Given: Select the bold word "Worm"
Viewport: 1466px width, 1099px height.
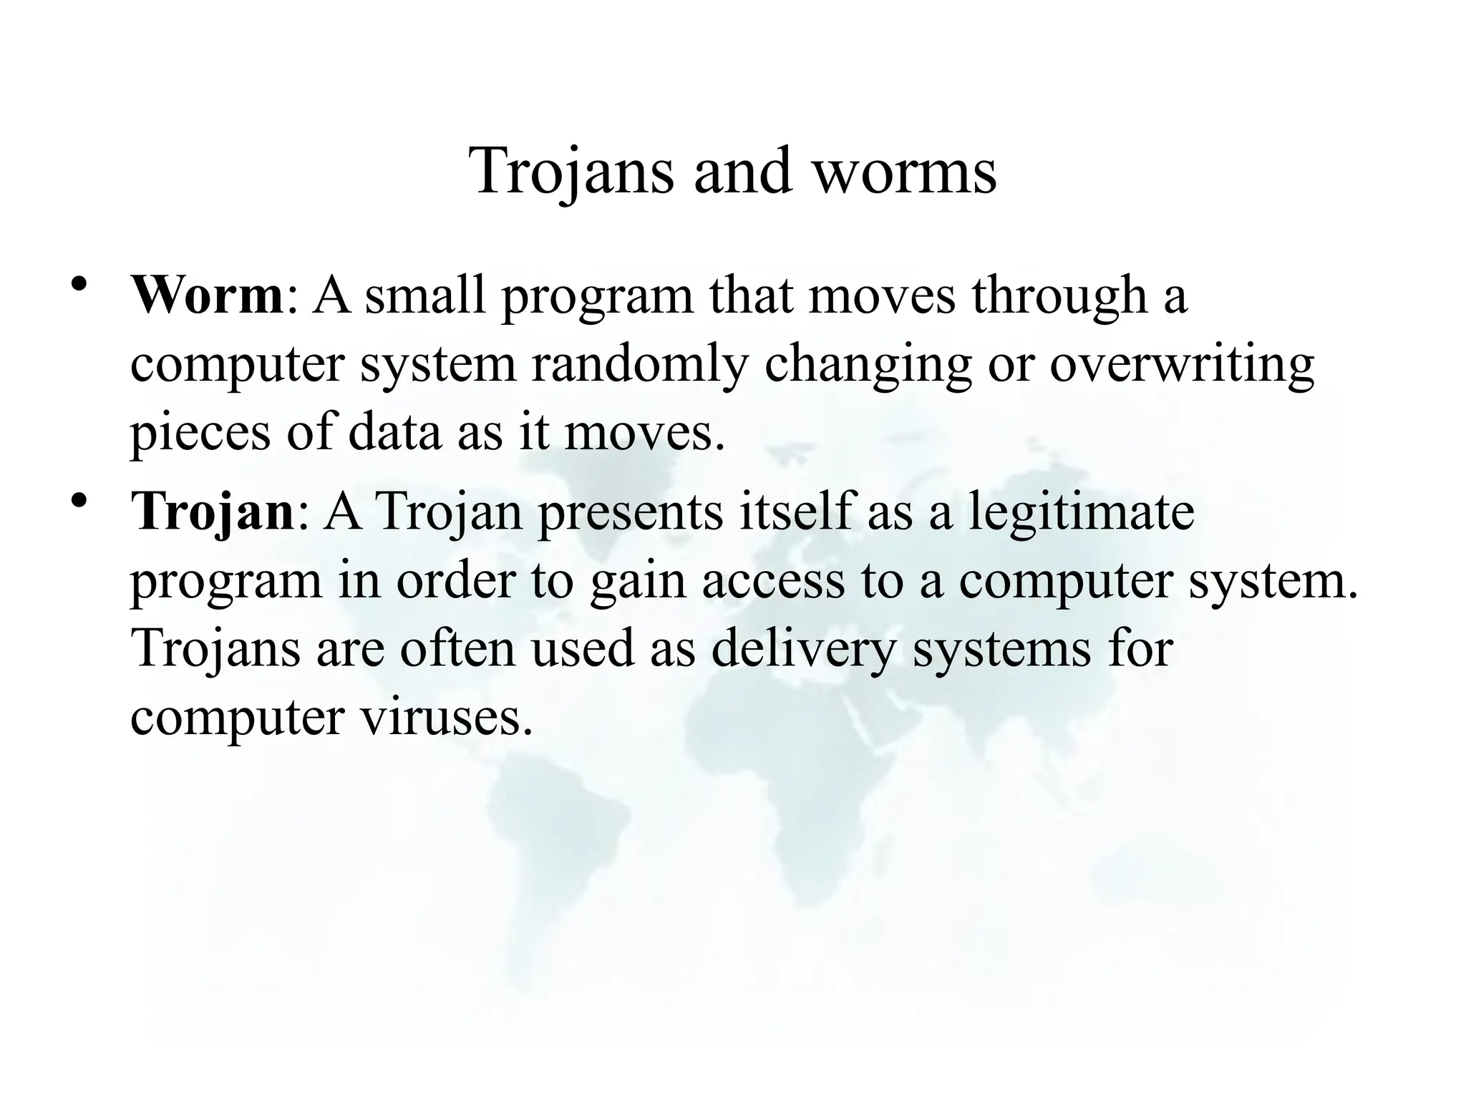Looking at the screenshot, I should pyautogui.click(x=207, y=295).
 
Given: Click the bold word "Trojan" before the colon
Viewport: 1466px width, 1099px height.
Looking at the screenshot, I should pyautogui.click(x=213, y=514).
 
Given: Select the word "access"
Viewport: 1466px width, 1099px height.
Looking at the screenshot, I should pyautogui.click(x=772, y=582).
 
